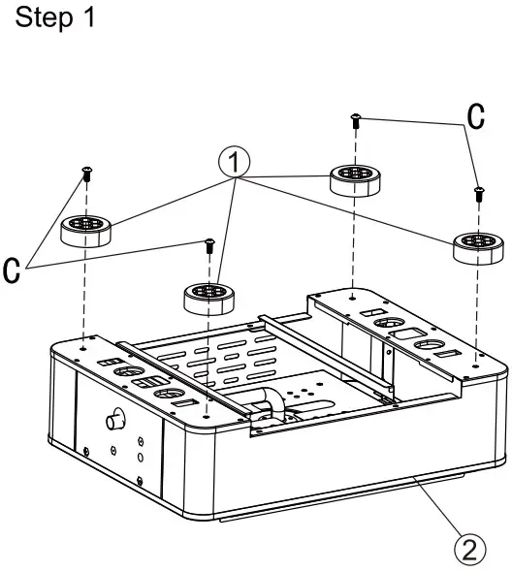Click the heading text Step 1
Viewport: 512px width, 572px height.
tap(55, 19)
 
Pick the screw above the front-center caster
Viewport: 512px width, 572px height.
tap(208, 245)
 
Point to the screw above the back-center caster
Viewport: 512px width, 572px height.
tap(355, 120)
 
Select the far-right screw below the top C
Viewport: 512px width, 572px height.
tap(477, 194)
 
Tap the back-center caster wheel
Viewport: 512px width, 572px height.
tap(354, 178)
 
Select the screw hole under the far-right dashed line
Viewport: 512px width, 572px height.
tap(476, 355)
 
